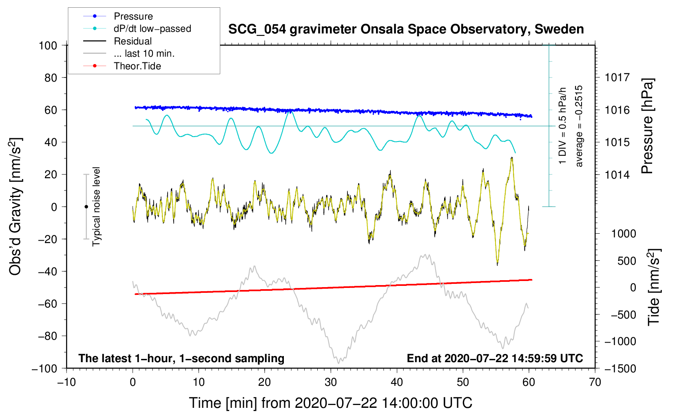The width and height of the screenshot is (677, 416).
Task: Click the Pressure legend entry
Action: click(133, 16)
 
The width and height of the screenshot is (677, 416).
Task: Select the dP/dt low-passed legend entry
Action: click(152, 29)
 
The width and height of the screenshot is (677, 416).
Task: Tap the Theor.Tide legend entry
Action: click(137, 66)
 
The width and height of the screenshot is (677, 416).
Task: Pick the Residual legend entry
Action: click(133, 41)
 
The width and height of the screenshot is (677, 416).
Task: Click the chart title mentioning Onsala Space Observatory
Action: click(406, 29)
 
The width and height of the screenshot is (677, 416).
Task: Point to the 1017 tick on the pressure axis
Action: click(617, 77)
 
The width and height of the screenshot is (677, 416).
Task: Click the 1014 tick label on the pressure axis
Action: click(617, 175)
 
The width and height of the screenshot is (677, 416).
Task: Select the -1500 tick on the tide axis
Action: click(619, 368)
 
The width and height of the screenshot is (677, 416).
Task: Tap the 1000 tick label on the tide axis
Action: click(623, 234)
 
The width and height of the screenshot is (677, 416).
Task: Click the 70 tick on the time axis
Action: click(595, 382)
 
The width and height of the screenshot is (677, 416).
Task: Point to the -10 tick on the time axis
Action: click(66, 382)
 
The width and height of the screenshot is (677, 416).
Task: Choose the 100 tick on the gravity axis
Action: click(48, 45)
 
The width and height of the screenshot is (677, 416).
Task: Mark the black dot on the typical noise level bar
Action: click(86, 207)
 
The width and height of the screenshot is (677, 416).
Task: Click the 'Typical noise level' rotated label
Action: click(96, 207)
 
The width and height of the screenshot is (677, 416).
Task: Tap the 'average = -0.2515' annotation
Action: click(579, 126)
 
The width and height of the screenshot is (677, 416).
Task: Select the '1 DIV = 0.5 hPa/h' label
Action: click(562, 126)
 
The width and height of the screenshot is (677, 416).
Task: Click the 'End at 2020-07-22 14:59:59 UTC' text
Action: click(495, 358)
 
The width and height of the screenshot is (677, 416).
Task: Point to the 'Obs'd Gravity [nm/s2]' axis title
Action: click(15, 207)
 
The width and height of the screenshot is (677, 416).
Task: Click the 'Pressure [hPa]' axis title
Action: click(647, 126)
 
